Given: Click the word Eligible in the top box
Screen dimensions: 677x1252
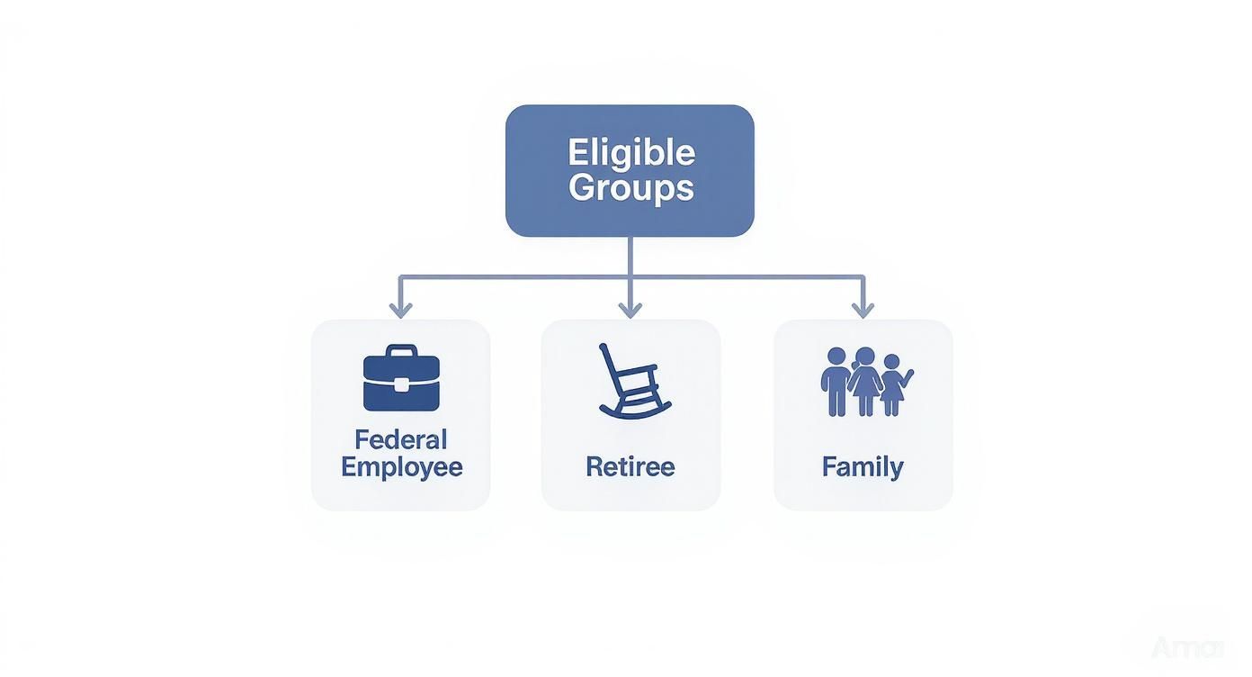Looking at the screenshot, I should [630, 152].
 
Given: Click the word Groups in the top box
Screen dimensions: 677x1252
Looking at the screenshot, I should [630, 188].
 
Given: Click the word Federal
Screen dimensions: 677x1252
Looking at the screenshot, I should [401, 440].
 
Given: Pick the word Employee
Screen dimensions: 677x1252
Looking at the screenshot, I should [401, 467].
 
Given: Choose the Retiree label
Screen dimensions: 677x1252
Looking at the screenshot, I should [630, 466].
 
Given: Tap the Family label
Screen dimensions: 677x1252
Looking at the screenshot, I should [863, 466].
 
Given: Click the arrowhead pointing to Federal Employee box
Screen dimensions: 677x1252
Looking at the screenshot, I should [401, 310].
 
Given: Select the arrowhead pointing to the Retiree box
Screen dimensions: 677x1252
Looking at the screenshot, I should [630, 310].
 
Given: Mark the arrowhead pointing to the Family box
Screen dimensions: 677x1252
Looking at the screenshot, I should [863, 310].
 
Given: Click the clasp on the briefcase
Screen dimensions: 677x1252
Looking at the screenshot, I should [401, 384].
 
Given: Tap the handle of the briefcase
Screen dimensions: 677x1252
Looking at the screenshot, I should [401, 350].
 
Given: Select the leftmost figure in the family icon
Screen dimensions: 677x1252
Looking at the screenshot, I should [836, 383].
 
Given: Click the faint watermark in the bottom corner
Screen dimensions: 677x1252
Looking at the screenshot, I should [1187, 647].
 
